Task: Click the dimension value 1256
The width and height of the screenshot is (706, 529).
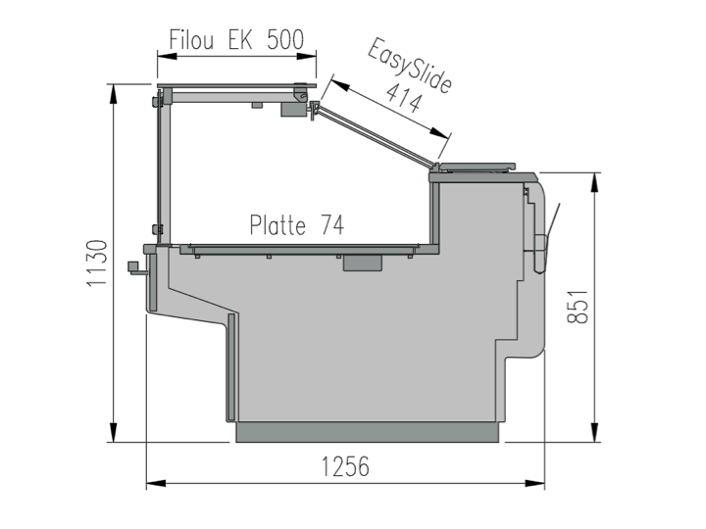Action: (345, 466)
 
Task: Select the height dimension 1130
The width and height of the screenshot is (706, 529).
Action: (97, 263)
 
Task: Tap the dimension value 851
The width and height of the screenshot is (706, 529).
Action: (578, 307)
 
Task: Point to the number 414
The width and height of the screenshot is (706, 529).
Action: (404, 98)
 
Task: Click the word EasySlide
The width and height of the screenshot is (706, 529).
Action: (409, 66)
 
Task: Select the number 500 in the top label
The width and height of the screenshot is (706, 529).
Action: (285, 39)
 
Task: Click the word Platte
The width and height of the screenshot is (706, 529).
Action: (277, 224)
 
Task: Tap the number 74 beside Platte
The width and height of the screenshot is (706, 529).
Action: (332, 224)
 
